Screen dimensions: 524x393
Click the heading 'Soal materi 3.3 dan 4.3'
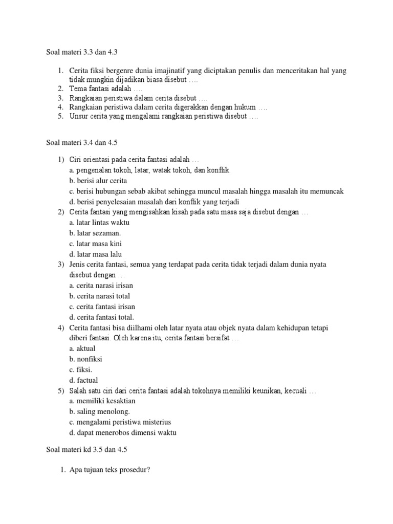coord(82,51)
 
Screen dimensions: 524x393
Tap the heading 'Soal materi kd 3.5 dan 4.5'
coord(86,450)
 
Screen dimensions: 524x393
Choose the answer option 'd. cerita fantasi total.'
coord(102,317)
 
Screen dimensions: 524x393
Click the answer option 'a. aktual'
coord(82,348)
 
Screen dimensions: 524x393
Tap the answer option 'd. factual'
coord(83,380)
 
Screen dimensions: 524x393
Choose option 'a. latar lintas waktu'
coord(99,223)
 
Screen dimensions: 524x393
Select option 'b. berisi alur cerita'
coord(98,181)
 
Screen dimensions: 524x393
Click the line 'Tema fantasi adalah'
coord(99,89)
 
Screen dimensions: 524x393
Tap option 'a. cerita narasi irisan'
coord(101,286)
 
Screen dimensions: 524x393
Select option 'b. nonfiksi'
coord(85,359)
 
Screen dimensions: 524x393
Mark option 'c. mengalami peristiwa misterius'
coord(120,422)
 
